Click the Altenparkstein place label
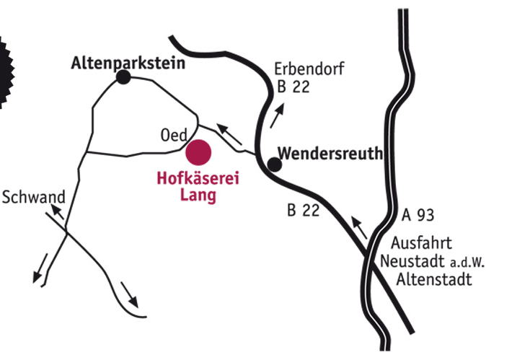point(128,63)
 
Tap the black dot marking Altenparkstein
point(124,77)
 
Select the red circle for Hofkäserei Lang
point(198,153)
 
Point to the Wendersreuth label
point(330,154)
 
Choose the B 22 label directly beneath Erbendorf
point(293,88)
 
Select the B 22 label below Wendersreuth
point(303,211)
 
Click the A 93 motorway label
point(419,215)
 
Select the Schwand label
point(34,197)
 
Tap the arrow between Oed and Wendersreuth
point(229,134)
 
